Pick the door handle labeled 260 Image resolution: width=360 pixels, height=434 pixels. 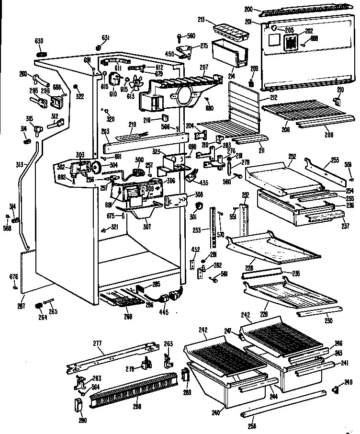[x=39, y=79]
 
